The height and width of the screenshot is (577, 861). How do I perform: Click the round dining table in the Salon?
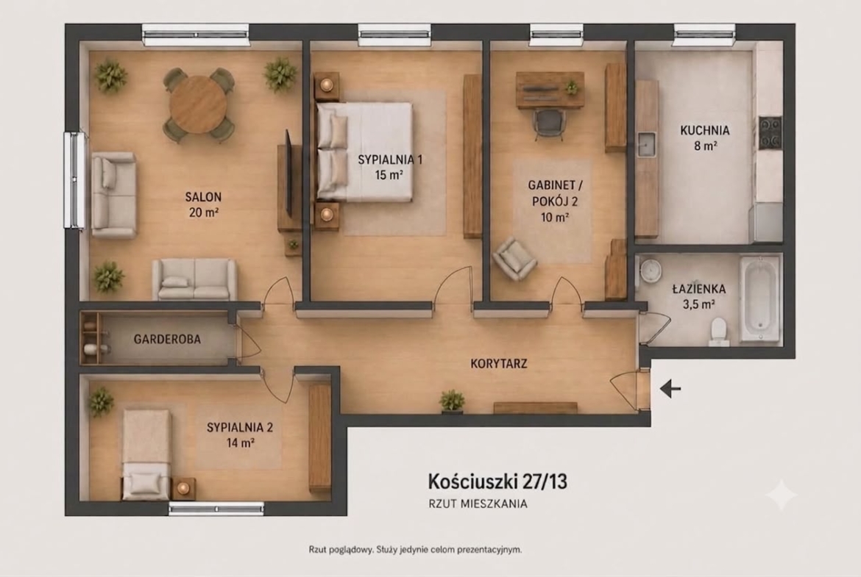click(198, 105)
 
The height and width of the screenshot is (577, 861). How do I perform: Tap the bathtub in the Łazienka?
click(759, 299)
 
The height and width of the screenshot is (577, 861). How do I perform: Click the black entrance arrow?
click(670, 389)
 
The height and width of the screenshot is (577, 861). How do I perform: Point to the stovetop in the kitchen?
click(770, 133)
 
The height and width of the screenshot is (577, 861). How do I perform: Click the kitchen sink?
click(646, 144)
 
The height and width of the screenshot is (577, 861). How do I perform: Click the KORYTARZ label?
click(499, 363)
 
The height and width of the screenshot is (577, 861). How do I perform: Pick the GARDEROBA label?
click(167, 339)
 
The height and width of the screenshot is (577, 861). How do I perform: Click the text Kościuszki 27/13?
click(497, 481)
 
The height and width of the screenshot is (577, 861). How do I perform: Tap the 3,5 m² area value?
click(698, 304)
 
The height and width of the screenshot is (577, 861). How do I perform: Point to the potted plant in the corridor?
click(452, 401)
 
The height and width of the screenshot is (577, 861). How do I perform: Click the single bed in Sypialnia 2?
click(146, 454)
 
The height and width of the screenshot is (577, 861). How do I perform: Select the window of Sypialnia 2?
click(216, 509)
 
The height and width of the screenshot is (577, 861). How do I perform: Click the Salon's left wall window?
click(75, 179)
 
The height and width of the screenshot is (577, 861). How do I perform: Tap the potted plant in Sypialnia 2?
click(102, 401)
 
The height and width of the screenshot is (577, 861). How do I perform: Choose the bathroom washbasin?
click(651, 270)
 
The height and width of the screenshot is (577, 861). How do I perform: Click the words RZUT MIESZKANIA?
click(478, 503)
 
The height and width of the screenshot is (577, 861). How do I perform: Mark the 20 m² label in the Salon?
click(204, 212)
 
